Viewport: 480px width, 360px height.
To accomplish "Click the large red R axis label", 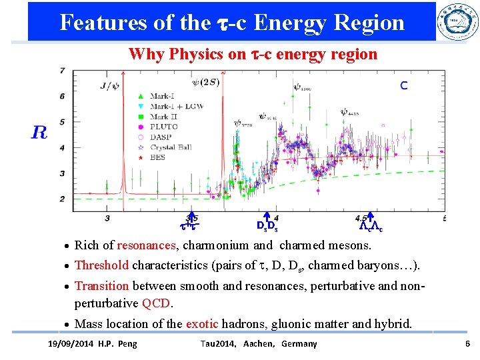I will (39, 131).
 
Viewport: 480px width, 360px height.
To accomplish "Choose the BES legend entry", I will (157, 157).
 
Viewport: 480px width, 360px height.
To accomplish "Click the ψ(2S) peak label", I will (204, 83).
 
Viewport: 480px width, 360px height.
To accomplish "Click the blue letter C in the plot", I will (404, 85).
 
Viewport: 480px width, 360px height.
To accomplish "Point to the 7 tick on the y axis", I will (62, 71).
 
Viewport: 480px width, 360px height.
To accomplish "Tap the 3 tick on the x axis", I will (107, 218).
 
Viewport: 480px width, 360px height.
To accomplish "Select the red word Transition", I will (101, 286).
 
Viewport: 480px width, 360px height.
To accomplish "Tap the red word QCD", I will (157, 303).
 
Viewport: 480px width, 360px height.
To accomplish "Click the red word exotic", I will (202, 324).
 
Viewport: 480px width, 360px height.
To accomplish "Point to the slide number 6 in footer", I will (467, 343).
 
